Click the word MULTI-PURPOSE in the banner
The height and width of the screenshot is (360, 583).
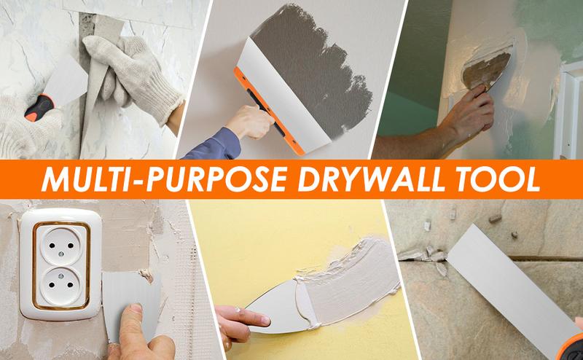click(x=164, y=179)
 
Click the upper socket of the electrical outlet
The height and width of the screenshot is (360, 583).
click(x=61, y=246)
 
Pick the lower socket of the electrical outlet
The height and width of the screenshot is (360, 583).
click(x=61, y=286)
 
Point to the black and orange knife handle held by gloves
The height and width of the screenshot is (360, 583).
click(x=39, y=108)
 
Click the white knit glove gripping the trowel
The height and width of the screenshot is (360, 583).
click(x=132, y=78)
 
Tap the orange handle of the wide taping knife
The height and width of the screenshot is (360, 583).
click(x=268, y=112)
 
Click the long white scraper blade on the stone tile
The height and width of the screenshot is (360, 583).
click(x=509, y=289)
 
